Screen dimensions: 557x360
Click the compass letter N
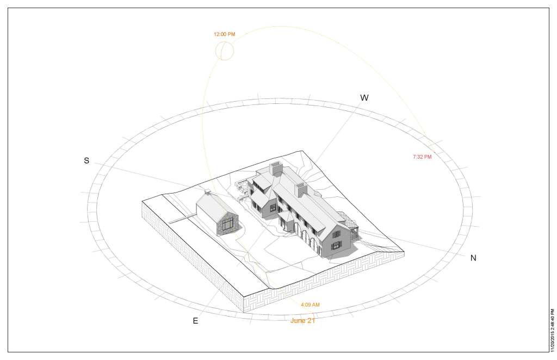click(473, 258)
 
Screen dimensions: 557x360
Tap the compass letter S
click(86, 161)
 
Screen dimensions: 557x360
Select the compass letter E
click(195, 321)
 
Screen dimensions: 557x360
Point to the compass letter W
click(364, 98)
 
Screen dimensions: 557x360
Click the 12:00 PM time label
click(224, 34)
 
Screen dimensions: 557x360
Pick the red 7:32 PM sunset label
click(422, 157)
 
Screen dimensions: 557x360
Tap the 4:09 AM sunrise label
click(310, 305)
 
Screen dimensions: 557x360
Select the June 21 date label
click(303, 321)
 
